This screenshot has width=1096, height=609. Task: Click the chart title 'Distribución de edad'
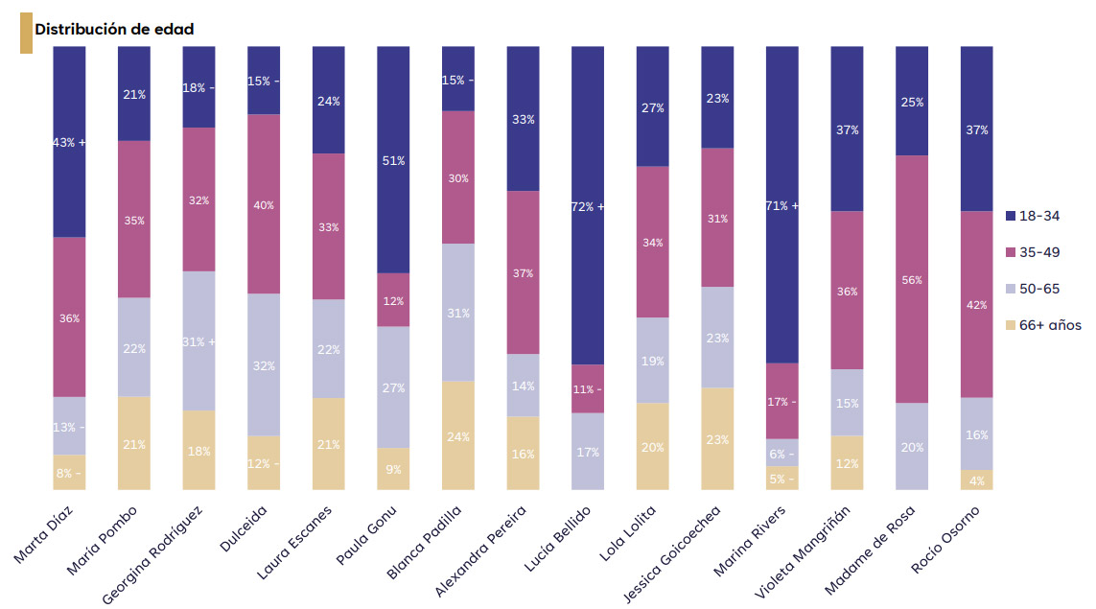114,30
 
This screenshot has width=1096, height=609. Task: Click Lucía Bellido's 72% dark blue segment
588,205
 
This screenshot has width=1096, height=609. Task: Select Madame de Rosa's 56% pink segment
912,279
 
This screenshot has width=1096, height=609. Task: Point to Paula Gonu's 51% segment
393,159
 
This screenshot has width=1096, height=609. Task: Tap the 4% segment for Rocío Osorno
976,480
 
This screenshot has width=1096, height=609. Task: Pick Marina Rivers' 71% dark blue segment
782,205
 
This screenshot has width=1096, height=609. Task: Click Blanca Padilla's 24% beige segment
458,435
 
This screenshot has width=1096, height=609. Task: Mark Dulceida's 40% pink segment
265,204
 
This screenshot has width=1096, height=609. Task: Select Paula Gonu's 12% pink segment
393,300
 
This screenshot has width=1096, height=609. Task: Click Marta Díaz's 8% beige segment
69,473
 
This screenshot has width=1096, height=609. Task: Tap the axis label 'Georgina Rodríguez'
152,554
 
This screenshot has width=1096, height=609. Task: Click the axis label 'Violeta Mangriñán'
803,551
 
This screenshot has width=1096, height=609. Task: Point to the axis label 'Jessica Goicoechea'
672,553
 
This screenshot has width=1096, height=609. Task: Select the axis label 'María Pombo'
102,540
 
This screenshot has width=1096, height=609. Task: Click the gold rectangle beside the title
26,33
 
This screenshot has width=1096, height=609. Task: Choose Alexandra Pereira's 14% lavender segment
523,386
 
